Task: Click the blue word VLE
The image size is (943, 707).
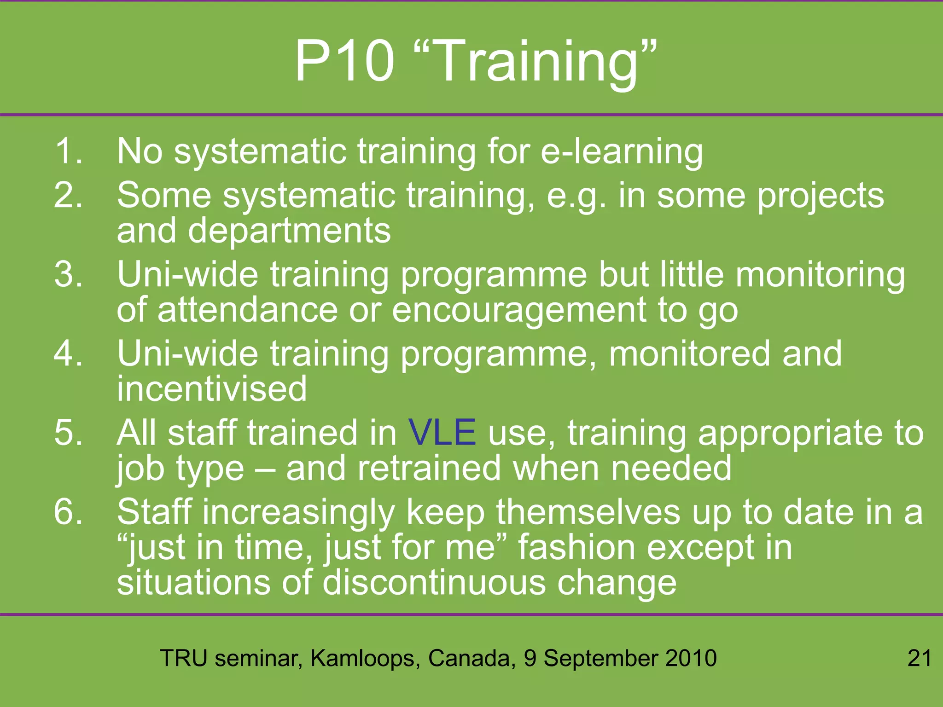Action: pyautogui.click(x=442, y=433)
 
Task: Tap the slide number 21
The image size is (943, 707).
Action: pyautogui.click(x=920, y=658)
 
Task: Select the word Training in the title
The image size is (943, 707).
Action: pyautogui.click(x=534, y=62)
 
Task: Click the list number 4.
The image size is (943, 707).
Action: pyautogui.click(x=68, y=353)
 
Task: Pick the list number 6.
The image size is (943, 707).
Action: pyautogui.click(x=68, y=512)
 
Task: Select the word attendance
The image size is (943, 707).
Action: pyautogui.click(x=248, y=310)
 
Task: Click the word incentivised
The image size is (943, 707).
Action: pyautogui.click(x=212, y=389)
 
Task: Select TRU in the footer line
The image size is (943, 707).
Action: pyautogui.click(x=183, y=658)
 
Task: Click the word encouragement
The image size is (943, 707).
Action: pyautogui.click(x=519, y=311)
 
